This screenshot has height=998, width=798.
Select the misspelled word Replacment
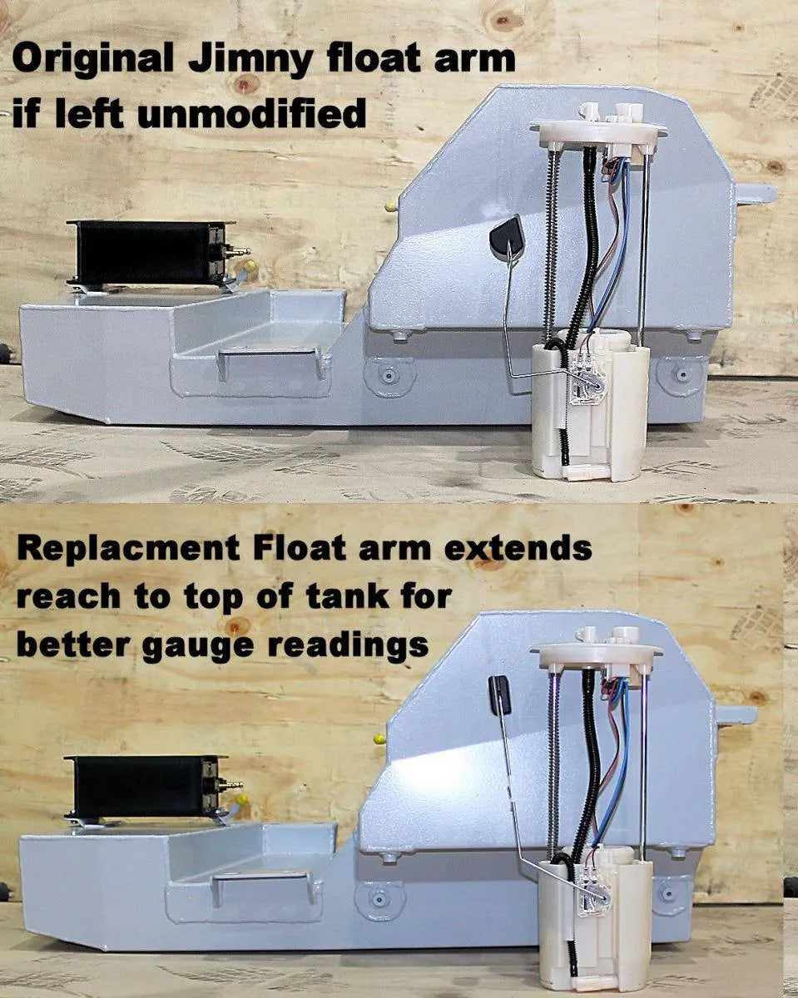point(128,548)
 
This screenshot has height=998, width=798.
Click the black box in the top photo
point(147,253)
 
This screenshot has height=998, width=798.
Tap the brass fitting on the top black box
point(240,252)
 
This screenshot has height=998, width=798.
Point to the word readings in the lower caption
point(348,645)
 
